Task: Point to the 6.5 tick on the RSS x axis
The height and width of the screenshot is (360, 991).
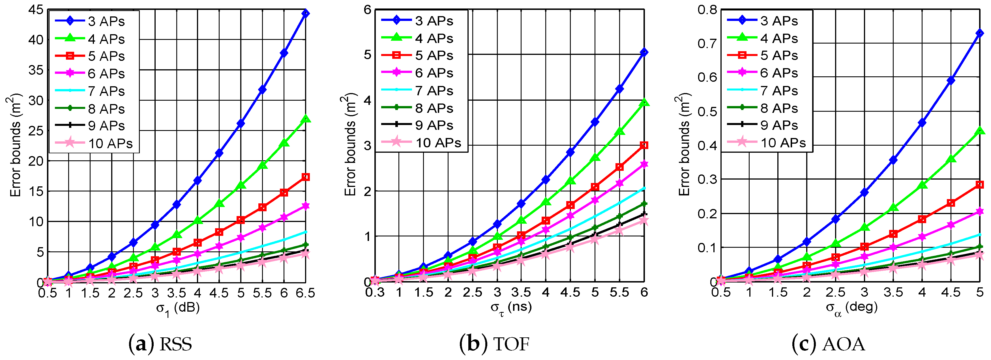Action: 305,294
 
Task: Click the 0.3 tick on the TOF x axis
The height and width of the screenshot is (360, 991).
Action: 375,293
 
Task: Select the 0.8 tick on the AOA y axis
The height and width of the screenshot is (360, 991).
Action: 707,10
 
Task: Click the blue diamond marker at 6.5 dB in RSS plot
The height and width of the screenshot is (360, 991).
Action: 305,14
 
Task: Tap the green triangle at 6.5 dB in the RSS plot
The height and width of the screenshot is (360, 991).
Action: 305,119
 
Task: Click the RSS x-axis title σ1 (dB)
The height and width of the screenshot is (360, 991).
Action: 178,309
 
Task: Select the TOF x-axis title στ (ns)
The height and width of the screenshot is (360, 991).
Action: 511,308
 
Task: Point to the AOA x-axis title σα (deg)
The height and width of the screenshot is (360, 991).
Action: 852,308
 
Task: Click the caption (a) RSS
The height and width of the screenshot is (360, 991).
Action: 160,344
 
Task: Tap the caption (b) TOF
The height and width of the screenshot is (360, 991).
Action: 494,344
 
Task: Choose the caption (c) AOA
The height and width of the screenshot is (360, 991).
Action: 829,344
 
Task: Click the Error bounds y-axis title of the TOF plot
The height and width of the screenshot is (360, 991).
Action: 349,144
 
